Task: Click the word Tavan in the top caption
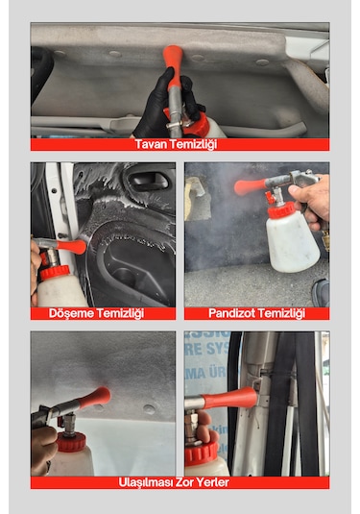[148, 144]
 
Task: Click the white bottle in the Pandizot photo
[292, 242]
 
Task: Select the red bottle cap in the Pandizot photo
[281, 210]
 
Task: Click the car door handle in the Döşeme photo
[148, 180]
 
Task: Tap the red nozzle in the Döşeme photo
[71, 246]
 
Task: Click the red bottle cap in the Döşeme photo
[55, 273]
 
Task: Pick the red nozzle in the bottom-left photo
[95, 398]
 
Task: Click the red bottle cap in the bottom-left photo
[71, 442]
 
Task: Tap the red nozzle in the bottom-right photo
[230, 398]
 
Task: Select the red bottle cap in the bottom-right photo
[202, 453]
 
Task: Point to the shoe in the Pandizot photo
[320, 293]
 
